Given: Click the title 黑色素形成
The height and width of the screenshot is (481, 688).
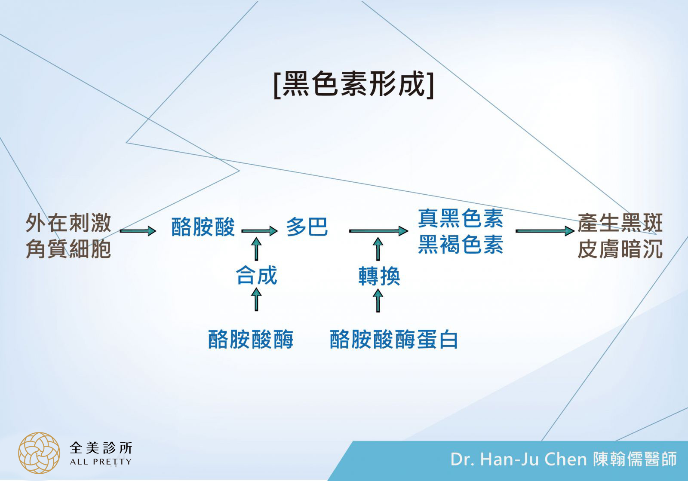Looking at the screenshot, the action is click(353, 83).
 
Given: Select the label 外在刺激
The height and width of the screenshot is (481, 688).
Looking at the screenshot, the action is click(68, 223).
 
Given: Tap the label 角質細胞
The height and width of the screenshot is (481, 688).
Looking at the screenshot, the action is click(68, 249).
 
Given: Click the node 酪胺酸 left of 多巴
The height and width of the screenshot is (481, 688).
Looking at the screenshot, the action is click(203, 227).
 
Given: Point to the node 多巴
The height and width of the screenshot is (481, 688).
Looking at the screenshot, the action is click(307, 227).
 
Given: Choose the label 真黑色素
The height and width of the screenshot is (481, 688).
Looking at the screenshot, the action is click(461, 218).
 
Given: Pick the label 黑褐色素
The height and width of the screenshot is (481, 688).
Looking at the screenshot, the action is click(461, 245).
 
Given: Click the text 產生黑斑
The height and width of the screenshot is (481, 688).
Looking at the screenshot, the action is click(620, 223).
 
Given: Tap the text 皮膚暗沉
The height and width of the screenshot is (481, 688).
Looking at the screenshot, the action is click(620, 249).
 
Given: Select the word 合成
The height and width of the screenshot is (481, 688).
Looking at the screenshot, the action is click(256, 276).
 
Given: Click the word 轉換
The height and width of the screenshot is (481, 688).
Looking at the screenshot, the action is click(379, 276).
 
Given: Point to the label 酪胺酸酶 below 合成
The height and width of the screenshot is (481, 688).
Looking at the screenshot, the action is click(251, 340).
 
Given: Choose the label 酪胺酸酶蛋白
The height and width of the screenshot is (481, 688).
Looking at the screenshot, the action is click(393, 340).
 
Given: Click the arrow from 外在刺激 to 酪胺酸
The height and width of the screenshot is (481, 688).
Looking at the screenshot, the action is click(138, 231).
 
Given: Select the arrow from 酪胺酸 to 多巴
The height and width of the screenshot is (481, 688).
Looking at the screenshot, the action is click(260, 231).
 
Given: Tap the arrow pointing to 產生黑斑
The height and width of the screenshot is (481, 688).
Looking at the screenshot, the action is click(545, 231).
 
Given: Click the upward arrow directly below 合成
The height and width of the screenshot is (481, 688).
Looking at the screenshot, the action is click(256, 300).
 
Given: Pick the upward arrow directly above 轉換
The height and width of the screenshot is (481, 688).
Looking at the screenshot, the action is click(378, 249).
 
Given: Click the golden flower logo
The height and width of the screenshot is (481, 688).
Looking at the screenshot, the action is click(39, 453).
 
